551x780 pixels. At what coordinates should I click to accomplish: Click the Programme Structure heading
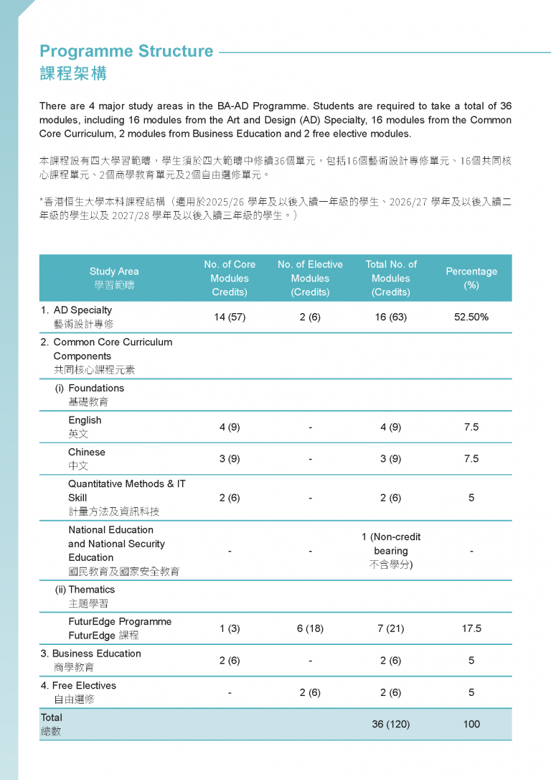[126, 51]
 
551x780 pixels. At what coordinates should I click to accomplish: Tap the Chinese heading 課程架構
[73, 74]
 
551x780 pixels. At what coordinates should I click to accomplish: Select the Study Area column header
[114, 278]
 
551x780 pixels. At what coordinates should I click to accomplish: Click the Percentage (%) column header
[471, 278]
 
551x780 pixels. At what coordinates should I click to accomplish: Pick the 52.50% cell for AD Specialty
[471, 317]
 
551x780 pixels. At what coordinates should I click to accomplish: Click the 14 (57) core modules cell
[230, 317]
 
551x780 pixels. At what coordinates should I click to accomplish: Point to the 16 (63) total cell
[391, 317]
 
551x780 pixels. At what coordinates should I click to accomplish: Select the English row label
[85, 427]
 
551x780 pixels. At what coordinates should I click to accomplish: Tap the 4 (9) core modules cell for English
[230, 427]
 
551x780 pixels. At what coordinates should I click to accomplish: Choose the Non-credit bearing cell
[391, 550]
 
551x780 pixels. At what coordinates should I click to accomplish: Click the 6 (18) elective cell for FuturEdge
[310, 628]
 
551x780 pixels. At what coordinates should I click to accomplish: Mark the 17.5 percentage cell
[471, 628]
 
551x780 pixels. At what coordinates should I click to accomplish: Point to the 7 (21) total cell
[391, 628]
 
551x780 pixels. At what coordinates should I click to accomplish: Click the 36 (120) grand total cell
[391, 724]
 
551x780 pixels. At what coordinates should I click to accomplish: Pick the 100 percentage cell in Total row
[471, 724]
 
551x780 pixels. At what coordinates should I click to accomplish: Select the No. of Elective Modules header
[310, 278]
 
